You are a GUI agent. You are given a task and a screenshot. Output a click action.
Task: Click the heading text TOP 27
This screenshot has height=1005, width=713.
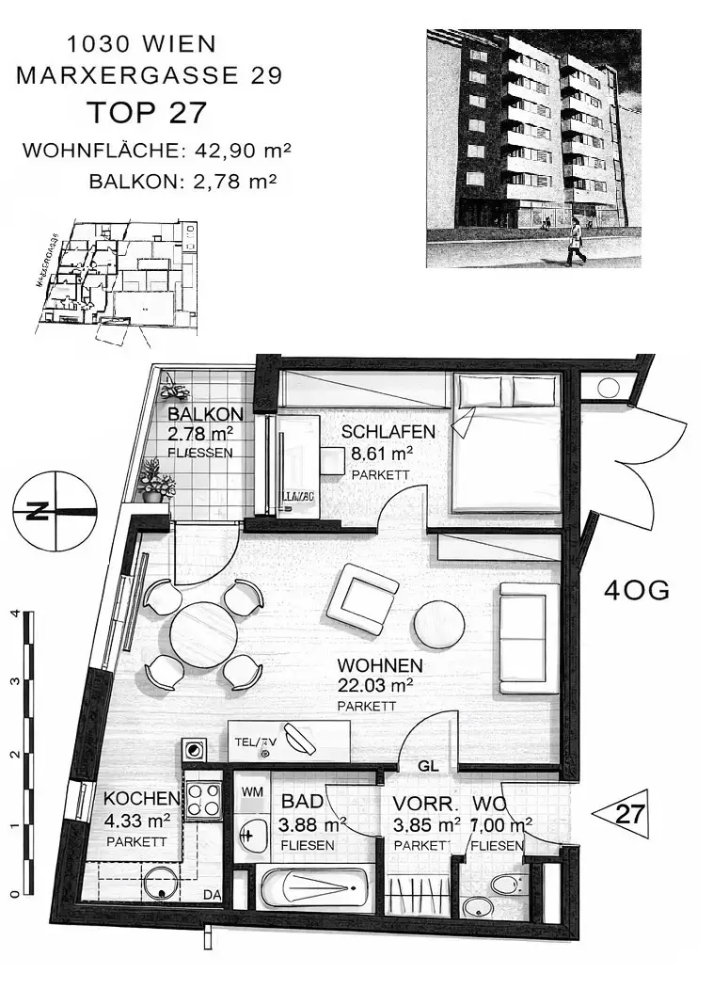(146, 113)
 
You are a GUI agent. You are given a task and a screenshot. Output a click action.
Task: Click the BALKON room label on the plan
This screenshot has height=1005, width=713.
(205, 414)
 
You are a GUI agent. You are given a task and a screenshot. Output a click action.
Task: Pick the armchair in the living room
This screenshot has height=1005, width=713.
(361, 598)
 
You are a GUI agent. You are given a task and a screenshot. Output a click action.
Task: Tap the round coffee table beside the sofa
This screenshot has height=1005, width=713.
(439, 624)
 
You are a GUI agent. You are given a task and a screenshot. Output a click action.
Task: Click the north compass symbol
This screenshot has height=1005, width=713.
(55, 511)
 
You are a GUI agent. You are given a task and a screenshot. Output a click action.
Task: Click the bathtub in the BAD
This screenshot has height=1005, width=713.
(312, 887)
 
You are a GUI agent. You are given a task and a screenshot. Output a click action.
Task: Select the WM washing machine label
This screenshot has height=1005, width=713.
(251, 792)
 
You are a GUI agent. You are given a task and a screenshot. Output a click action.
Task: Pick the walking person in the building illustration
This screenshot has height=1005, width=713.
(574, 241)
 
